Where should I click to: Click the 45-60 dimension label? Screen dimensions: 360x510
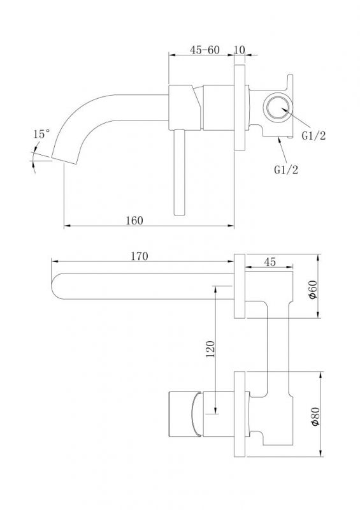click(205, 50)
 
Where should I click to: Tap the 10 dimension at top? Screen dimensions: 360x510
click(239, 50)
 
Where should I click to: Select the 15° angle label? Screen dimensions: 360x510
click(42, 134)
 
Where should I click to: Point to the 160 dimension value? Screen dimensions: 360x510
click(134, 221)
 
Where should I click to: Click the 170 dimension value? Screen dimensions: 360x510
click(140, 256)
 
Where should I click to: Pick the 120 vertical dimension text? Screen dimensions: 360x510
click(211, 349)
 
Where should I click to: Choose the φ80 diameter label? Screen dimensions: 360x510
click(315, 417)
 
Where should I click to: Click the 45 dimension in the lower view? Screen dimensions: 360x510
click(270, 261)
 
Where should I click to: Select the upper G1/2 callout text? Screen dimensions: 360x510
click(313, 136)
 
